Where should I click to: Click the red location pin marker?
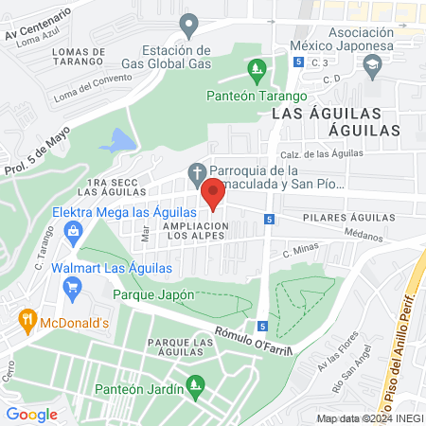click(x=213, y=192)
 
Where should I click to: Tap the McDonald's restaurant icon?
click(x=27, y=321)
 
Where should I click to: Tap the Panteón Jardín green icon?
click(x=195, y=385)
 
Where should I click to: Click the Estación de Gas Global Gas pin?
click(x=189, y=25)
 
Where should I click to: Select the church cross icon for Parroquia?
click(x=196, y=171)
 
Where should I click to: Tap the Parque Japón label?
click(x=153, y=294)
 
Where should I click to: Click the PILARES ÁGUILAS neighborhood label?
click(x=347, y=218)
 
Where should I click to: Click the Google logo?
click(x=32, y=414)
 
